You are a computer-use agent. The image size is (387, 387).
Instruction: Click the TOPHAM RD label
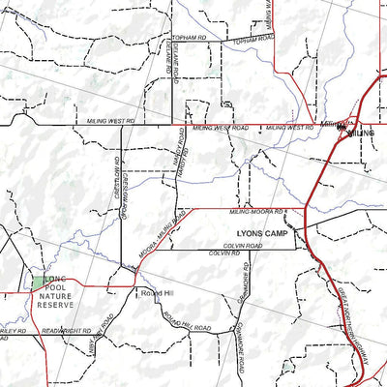click(190, 36)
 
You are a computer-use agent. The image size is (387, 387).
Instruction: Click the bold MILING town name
click(361, 133)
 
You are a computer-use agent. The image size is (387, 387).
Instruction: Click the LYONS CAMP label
click(264, 233)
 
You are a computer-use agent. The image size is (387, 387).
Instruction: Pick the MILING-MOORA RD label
click(256, 211)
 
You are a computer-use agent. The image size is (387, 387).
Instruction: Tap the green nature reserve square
click(38, 282)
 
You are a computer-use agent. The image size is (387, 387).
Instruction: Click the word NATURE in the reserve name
click(55, 294)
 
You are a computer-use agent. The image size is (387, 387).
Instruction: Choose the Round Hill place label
click(155, 292)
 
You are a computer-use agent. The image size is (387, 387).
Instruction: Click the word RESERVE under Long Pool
click(55, 305)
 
